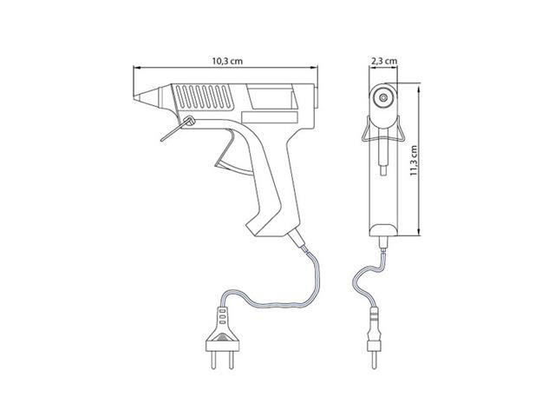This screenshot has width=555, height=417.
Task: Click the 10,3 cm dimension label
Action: tap(227, 61)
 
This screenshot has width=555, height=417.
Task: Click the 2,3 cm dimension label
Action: tap(384, 61)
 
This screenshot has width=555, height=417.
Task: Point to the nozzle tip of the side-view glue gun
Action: tap(134, 98)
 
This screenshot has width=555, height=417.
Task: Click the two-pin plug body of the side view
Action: tap(222, 331)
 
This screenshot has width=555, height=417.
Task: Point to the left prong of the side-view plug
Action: tap(213, 361)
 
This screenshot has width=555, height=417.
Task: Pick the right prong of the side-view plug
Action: tap(232, 361)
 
